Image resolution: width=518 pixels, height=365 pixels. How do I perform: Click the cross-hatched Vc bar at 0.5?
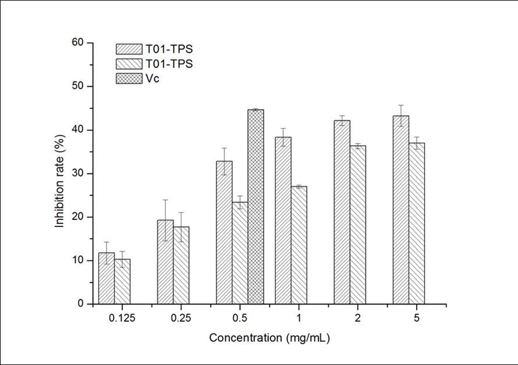256,207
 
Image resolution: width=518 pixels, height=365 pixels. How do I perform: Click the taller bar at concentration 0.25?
165,262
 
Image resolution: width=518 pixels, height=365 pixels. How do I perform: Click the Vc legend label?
153,79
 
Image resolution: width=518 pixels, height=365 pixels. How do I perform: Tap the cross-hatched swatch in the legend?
129,79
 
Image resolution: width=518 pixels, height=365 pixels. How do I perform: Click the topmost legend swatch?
129,49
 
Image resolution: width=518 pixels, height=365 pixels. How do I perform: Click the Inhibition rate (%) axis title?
59,173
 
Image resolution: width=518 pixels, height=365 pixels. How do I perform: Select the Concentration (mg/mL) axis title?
265,338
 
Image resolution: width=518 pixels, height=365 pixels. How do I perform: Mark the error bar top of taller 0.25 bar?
165,200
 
